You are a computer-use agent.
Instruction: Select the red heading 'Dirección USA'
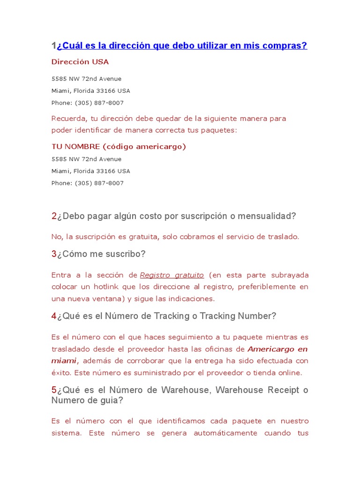click(80, 62)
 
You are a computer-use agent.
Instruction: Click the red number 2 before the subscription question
click(54, 216)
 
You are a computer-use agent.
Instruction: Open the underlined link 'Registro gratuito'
click(172, 275)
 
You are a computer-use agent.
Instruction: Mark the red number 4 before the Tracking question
click(54, 316)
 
